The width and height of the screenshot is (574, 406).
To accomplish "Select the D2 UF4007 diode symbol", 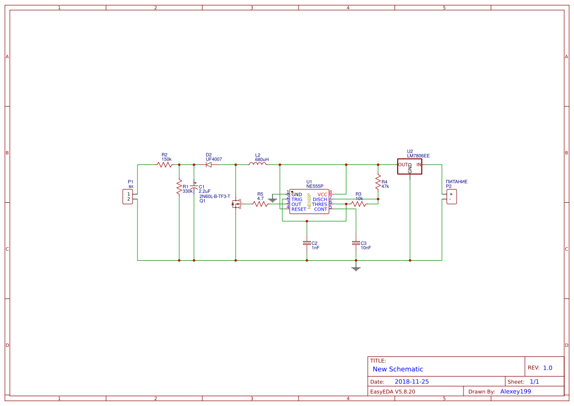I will tap(209, 165).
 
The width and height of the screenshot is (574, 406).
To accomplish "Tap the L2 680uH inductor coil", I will tap(258, 164).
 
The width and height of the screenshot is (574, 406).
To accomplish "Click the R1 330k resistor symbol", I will tap(179, 187).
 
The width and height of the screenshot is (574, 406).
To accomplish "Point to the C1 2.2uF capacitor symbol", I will tap(194, 188).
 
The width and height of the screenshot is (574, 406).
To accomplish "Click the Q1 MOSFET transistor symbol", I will tap(236, 204).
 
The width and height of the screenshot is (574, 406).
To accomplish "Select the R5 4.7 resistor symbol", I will tap(260, 204).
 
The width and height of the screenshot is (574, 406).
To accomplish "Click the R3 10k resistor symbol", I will tap(358, 204).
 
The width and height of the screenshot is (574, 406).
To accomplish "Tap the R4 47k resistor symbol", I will tap(378, 183).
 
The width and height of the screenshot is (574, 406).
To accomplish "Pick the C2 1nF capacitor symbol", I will tap(307, 243).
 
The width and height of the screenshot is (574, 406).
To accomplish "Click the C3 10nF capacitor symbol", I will tap(356, 243).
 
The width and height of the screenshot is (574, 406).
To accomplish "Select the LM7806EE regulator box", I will tap(410, 165).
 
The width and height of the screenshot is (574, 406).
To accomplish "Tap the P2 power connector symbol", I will tap(451, 196).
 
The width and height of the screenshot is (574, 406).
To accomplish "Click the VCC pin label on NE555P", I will tap(322, 194).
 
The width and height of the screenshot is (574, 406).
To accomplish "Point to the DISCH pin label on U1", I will tap(320, 199).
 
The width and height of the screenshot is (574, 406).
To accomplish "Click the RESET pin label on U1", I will tap(299, 209).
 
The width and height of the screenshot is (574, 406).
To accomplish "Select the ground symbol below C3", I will tap(356, 268).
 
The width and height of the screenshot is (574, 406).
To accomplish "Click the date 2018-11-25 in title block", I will tap(411, 381).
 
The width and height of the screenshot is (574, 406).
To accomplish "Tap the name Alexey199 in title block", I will tap(516, 391).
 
